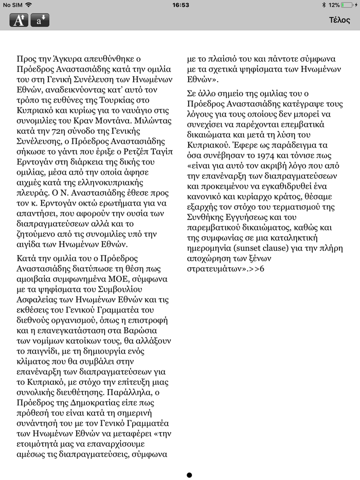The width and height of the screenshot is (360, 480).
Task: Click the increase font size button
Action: (19, 21)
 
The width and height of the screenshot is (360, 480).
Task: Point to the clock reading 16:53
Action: (181, 5)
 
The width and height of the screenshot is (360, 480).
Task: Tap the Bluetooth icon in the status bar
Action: (323, 5)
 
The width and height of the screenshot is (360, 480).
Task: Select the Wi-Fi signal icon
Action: (29, 5)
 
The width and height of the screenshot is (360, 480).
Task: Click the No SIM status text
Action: (12, 5)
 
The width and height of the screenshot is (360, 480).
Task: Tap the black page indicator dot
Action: (189, 475)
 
